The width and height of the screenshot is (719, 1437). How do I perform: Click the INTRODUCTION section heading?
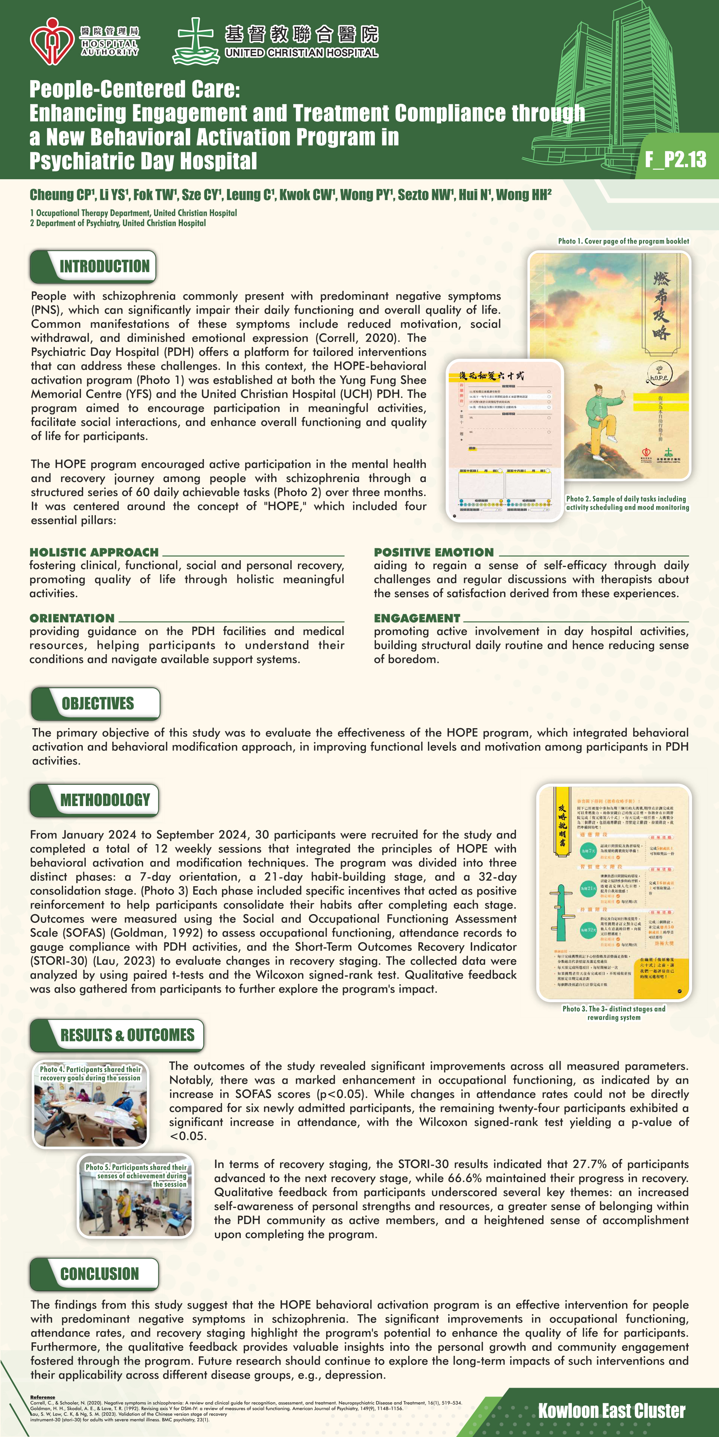[104, 267]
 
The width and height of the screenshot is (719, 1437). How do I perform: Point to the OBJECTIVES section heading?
[98, 704]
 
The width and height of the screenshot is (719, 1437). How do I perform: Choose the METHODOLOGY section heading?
[105, 800]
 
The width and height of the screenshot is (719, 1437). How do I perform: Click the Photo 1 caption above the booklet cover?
[623, 241]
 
